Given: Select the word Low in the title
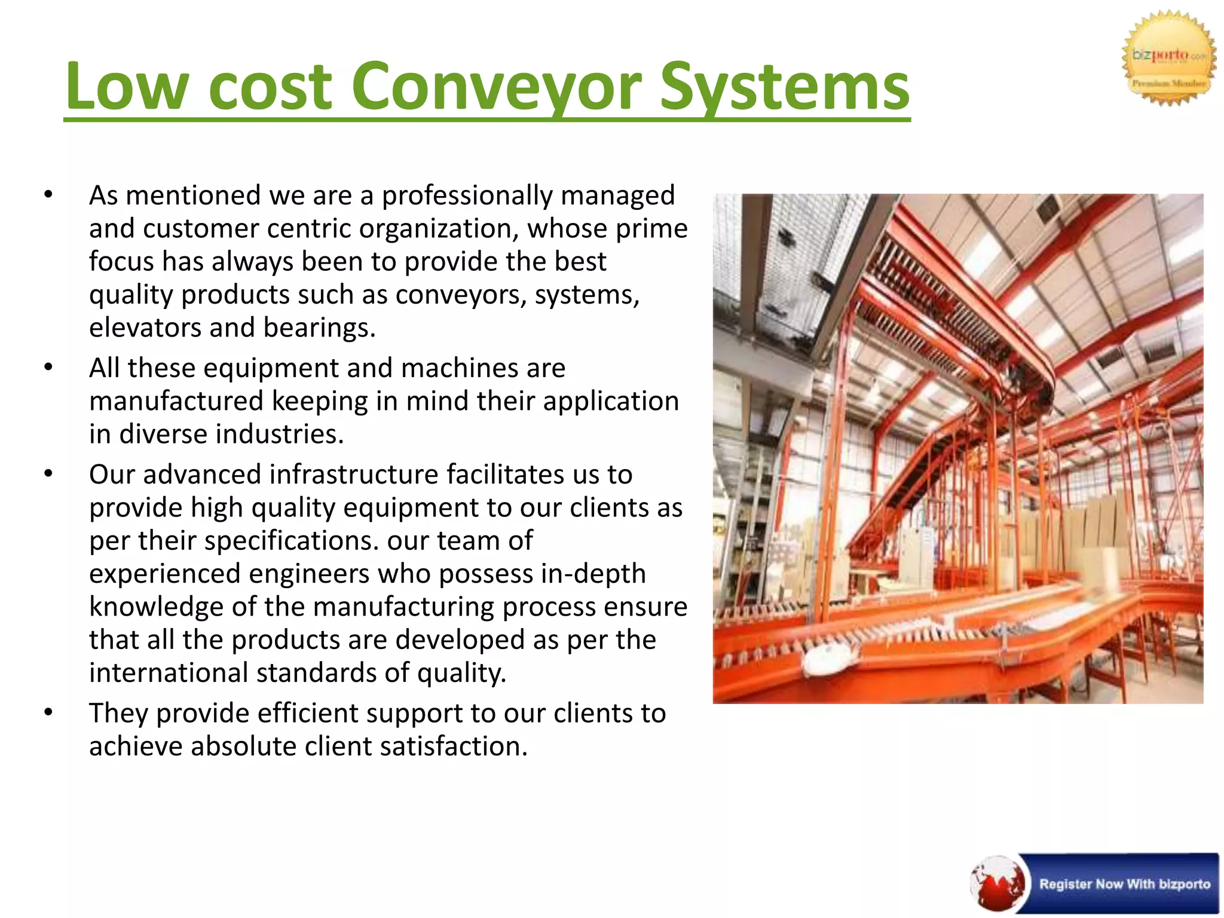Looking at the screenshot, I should click(x=126, y=87).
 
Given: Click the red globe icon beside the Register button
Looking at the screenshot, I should click(x=997, y=884).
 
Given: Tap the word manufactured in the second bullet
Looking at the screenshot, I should click(x=176, y=401).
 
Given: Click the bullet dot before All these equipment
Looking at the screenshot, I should click(x=48, y=367).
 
